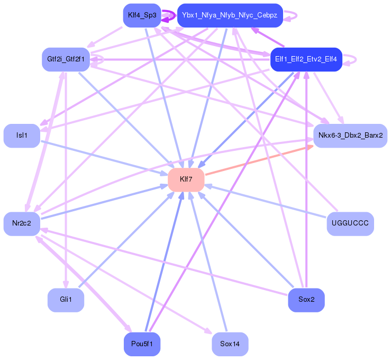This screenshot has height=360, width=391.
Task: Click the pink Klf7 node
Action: point(186,179)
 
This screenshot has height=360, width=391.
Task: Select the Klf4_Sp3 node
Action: point(142,15)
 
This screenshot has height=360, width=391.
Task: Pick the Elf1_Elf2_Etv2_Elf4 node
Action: point(306,59)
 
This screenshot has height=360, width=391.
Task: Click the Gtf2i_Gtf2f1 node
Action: point(66,59)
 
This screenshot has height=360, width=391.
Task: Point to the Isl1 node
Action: point(22,136)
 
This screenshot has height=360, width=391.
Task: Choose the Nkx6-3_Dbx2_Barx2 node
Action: point(350,136)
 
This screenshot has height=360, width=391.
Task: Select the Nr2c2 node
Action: point(22,223)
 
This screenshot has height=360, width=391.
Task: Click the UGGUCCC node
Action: point(350,223)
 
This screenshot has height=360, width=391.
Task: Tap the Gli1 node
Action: point(66,300)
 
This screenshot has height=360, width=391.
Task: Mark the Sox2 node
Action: point(306,300)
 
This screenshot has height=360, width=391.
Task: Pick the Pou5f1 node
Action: point(142,344)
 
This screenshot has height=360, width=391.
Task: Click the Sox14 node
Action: point(230,344)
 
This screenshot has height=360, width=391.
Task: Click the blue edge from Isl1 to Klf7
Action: point(101,156)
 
